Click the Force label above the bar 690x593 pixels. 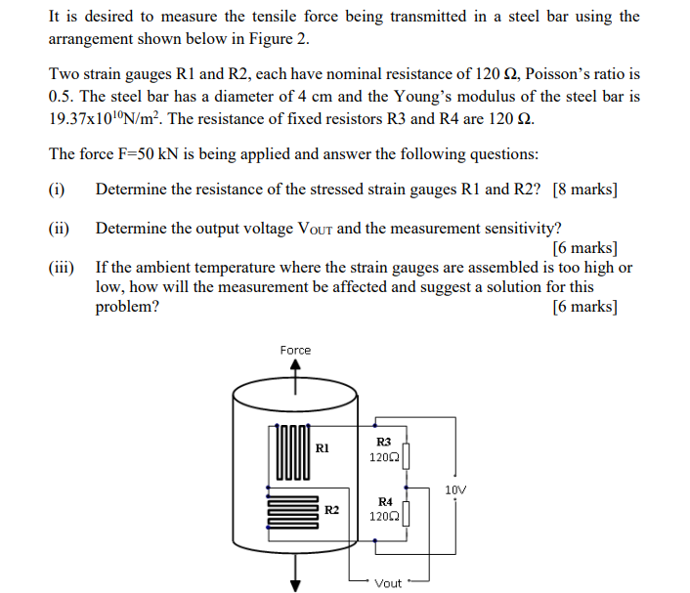pyautogui.click(x=295, y=350)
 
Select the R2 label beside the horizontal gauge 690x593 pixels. pyautogui.click(x=332, y=510)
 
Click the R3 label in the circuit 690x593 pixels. pyautogui.click(x=383, y=442)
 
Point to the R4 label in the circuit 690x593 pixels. pyautogui.click(x=384, y=501)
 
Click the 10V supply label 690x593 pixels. pyautogui.click(x=455, y=489)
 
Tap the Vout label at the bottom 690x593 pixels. pyautogui.click(x=388, y=583)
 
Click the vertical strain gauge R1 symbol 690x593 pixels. pyautogui.click(x=291, y=451)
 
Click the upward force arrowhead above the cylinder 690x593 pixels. pyautogui.click(x=295, y=366)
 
